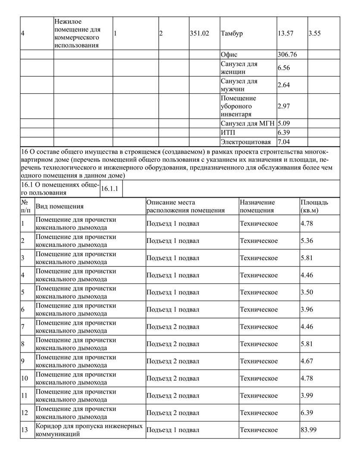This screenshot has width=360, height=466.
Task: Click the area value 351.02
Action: pyautogui.click(x=199, y=34)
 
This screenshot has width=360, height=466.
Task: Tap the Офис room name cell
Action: pyautogui.click(x=229, y=55)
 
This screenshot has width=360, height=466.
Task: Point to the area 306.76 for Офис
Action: pyautogui.click(x=287, y=55)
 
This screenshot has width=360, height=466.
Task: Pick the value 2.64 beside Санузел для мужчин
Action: pyautogui.click(x=284, y=85)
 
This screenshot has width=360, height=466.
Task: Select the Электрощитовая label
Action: pyautogui.click(x=246, y=142)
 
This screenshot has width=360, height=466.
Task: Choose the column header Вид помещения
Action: pyautogui.click(x=59, y=207)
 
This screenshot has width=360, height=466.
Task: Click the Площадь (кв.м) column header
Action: pyautogui.click(x=314, y=206)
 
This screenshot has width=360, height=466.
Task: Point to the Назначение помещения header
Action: pyautogui.click(x=257, y=206)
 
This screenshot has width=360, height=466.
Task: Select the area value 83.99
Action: pyautogui.click(x=308, y=430)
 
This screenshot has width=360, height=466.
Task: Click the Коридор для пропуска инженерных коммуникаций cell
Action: pyautogui.click(x=89, y=430)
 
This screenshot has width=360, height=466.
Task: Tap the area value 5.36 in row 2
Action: pyautogui.click(x=307, y=240)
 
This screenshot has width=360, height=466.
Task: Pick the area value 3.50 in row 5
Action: pyautogui.click(x=307, y=292)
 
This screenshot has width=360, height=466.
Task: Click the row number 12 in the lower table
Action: pyautogui.click(x=25, y=413)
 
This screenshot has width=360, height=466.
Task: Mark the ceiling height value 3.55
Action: pyautogui.click(x=315, y=34)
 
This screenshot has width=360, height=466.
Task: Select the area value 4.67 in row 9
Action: pyautogui.click(x=307, y=361)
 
